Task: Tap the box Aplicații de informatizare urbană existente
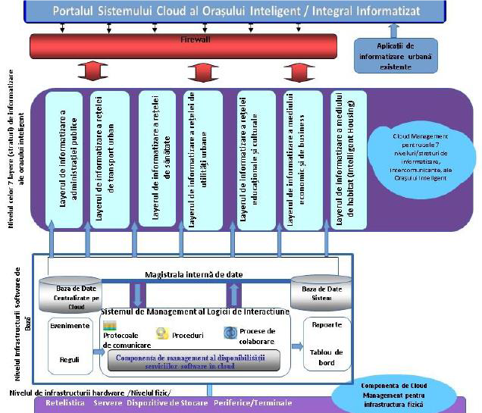coord(394,55)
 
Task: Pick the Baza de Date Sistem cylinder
coord(321,293)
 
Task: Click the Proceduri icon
coord(161,333)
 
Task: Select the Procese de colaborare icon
coord(230,333)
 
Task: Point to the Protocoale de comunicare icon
coord(109,326)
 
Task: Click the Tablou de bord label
coord(328,357)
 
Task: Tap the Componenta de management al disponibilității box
coord(193,360)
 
